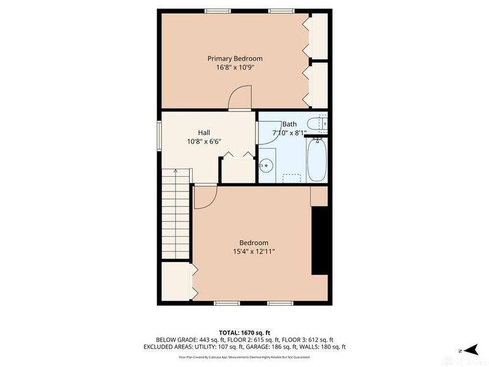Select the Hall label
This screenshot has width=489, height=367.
coord(204,132)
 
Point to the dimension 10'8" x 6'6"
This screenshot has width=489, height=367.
coord(204,141)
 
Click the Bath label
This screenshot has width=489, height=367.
coord(289,124)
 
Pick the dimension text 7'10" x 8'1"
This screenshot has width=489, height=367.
coord(289,132)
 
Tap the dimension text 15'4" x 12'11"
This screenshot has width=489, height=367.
coord(254,251)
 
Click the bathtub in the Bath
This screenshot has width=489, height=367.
coord(317,159)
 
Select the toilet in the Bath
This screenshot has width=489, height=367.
coord(318,124)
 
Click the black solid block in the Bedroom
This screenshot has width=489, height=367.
coord(320,240)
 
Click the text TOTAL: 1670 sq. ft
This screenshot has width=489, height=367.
coord(244,332)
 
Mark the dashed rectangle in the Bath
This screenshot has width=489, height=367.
coord(293,177)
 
